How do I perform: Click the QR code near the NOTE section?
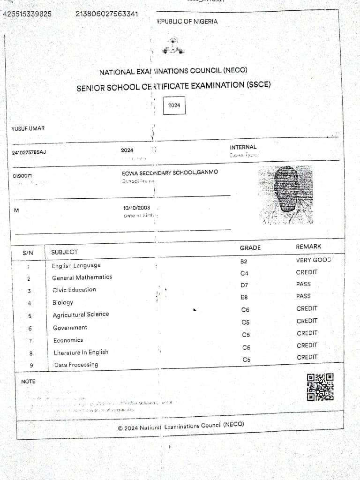coord(320,387)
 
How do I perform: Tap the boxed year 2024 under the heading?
coord(174,105)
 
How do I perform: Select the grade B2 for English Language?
coord(244,261)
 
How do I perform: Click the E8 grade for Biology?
coord(244,297)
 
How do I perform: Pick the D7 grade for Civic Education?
coord(244,285)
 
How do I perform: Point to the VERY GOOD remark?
coord(313,260)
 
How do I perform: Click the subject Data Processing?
coord(76,365)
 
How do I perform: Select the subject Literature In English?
coord(81,352)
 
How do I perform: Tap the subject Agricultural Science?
coord(81,315)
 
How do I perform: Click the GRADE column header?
coord(250,247)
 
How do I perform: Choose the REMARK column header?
coord(308,247)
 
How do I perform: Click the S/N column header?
coord(28,253)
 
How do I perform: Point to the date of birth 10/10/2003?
coord(137,208)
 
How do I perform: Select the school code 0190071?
coord(23,176)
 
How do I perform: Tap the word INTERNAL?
coord(243,147)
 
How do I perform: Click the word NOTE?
coord(28,382)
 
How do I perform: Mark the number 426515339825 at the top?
coord(27,14)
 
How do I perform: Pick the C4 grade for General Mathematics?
coord(244,273)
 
